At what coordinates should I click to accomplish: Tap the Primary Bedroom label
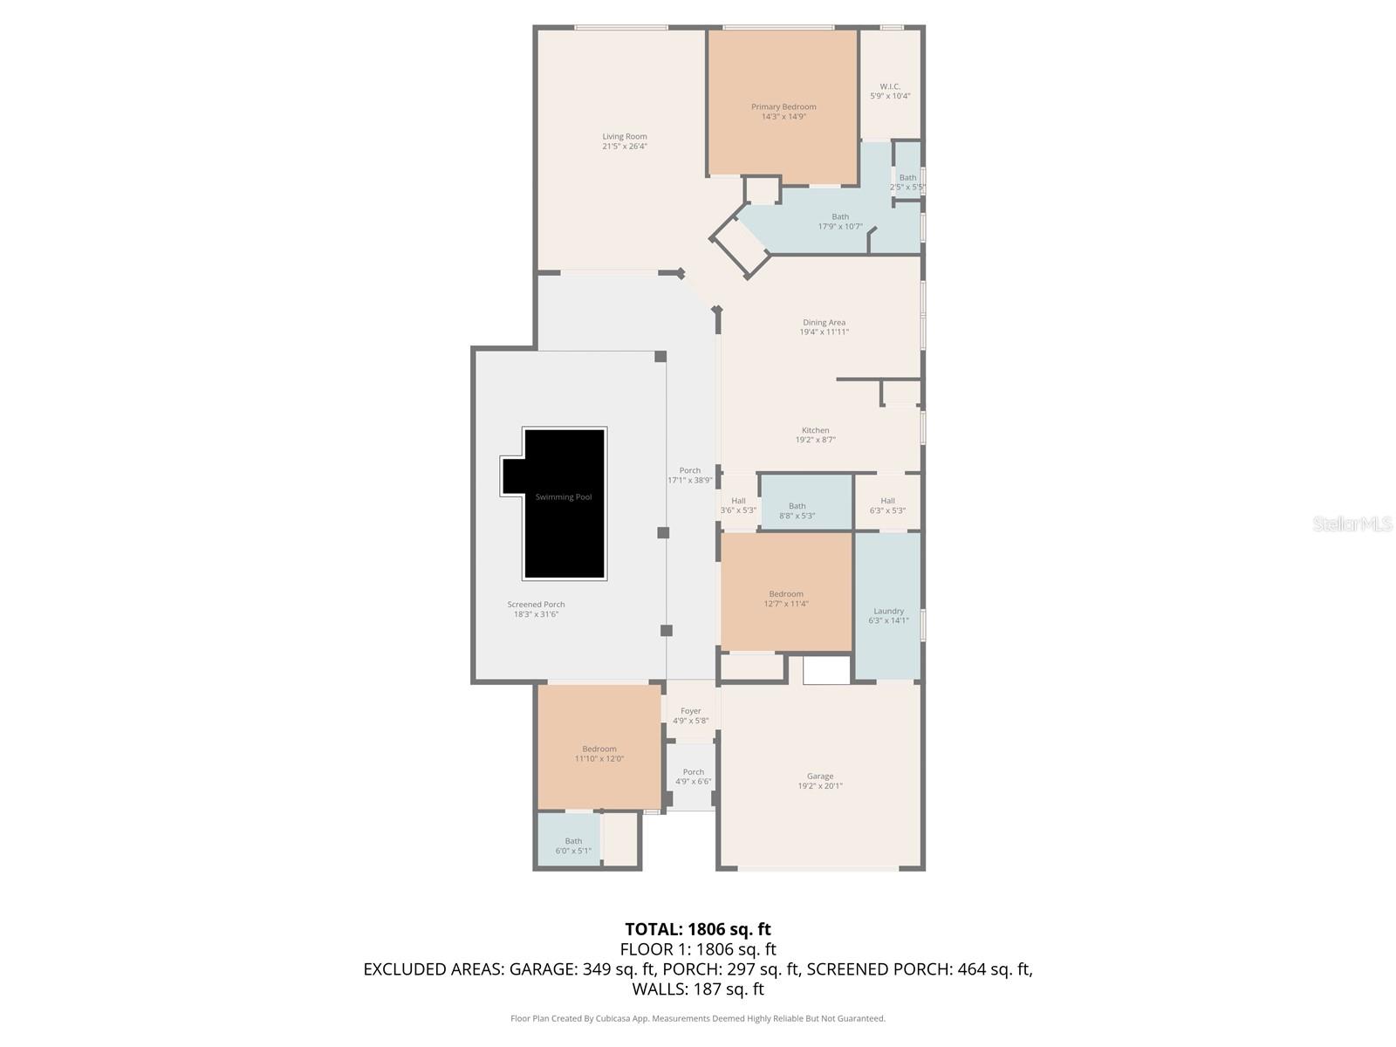(784, 107)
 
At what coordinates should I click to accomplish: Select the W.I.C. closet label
(890, 86)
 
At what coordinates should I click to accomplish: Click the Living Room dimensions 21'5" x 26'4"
(625, 147)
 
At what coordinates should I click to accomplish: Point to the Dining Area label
(824, 323)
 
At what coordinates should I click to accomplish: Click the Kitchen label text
(816, 430)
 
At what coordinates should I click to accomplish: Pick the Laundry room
(888, 611)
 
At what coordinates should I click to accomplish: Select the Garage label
(820, 776)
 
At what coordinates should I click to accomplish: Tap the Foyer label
(691, 711)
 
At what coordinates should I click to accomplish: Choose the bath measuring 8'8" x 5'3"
(797, 510)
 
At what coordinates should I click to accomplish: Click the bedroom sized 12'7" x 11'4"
(786, 599)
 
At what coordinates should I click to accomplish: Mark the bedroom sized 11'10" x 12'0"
(599, 754)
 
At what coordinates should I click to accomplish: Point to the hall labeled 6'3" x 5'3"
(887, 506)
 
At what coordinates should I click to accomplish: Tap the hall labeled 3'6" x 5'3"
(738, 506)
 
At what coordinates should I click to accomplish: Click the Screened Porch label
(536, 604)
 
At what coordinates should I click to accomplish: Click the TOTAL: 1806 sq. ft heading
(698, 929)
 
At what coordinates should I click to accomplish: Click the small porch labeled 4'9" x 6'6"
(693, 777)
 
